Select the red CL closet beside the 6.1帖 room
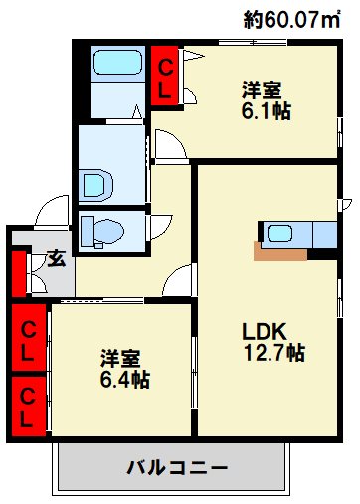point(164,74)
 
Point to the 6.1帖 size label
point(266,111)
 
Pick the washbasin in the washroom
point(94,182)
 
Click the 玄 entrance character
point(58,259)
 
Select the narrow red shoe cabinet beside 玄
point(18,275)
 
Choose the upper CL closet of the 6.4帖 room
point(29,337)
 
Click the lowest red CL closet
point(29,406)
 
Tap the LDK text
point(264,331)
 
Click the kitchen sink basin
point(280,233)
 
